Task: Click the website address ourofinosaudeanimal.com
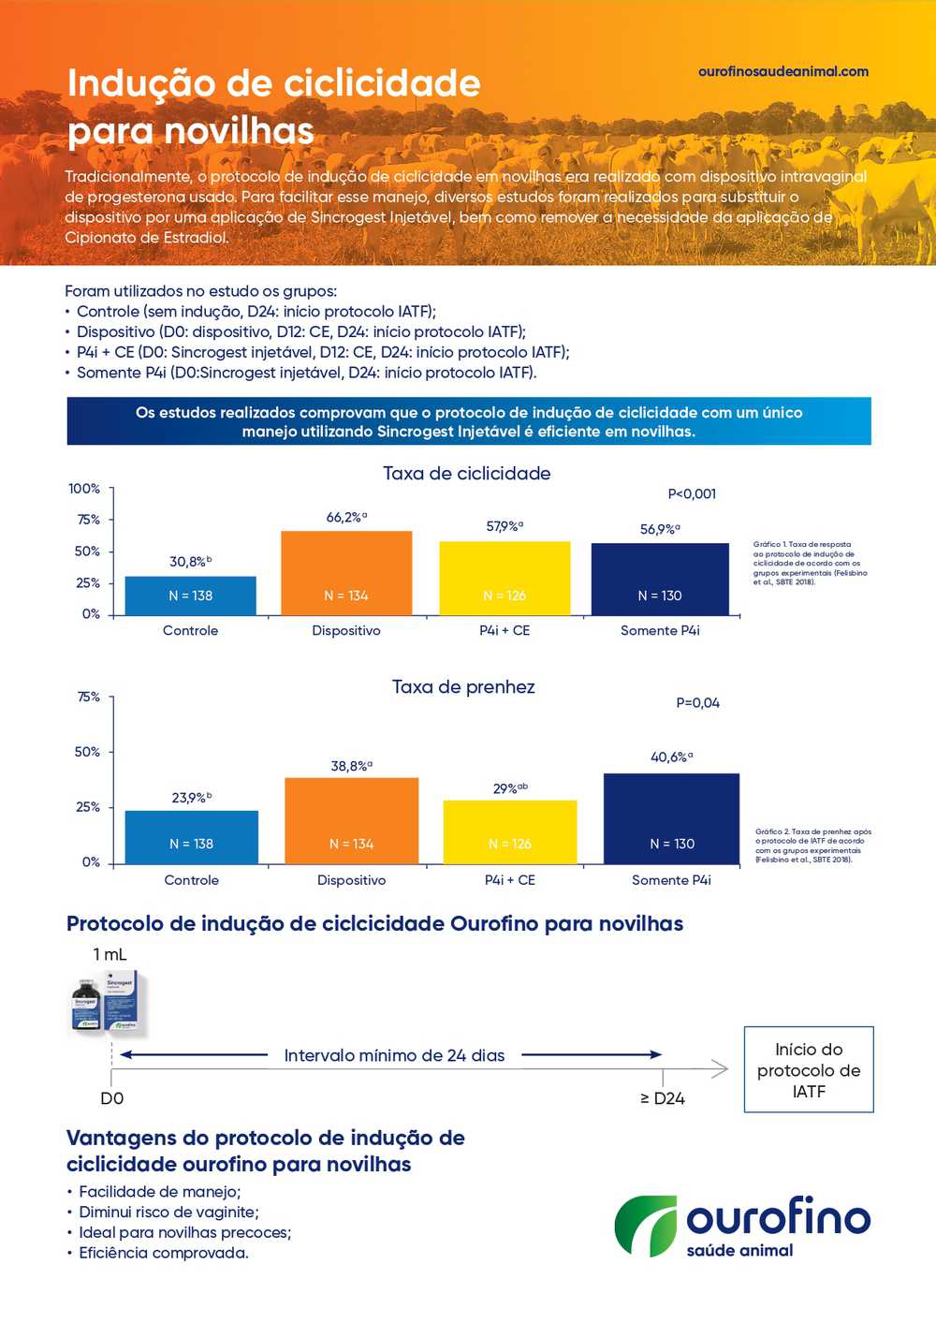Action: point(782,71)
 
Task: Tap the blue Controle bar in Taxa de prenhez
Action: point(191,836)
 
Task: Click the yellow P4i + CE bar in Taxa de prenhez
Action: point(509,831)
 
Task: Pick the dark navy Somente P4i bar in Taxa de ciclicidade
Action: point(660,579)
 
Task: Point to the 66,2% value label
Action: point(345,517)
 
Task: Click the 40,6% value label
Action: point(671,757)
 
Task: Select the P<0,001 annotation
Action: point(692,493)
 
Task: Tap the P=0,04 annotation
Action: point(697,702)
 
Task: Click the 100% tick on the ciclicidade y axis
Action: point(84,489)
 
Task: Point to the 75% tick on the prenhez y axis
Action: point(88,697)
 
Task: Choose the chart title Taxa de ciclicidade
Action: point(466,473)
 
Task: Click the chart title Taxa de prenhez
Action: point(463,686)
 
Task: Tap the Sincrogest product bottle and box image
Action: point(106,1002)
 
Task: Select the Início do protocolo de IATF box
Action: point(809,1069)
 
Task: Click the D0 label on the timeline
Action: point(111,1098)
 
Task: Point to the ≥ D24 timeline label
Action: point(663,1098)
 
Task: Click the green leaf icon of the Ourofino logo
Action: point(645,1225)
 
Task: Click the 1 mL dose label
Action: point(110,954)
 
